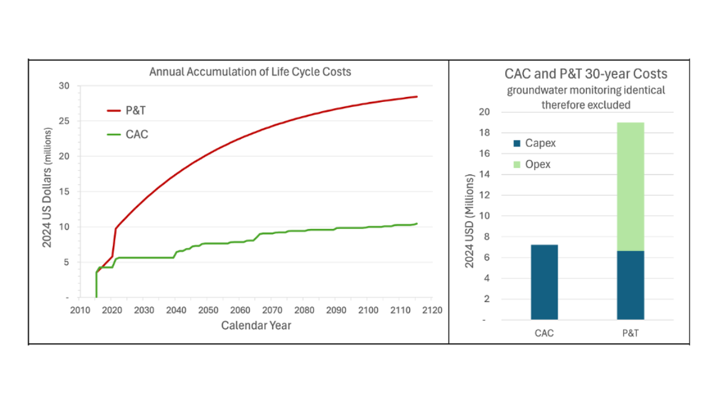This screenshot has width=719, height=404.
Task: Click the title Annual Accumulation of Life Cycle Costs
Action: coord(250,72)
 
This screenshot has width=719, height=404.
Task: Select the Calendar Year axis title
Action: coord(256,325)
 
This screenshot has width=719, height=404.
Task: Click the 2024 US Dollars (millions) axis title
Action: coord(47,192)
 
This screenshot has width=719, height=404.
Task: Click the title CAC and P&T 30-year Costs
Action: coord(586,74)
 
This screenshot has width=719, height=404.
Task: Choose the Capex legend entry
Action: coord(535,143)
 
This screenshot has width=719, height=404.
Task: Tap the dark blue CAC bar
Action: coord(544,282)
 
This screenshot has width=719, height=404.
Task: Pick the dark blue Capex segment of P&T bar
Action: coord(631,285)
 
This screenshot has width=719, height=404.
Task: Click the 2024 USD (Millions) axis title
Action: coord(469,220)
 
